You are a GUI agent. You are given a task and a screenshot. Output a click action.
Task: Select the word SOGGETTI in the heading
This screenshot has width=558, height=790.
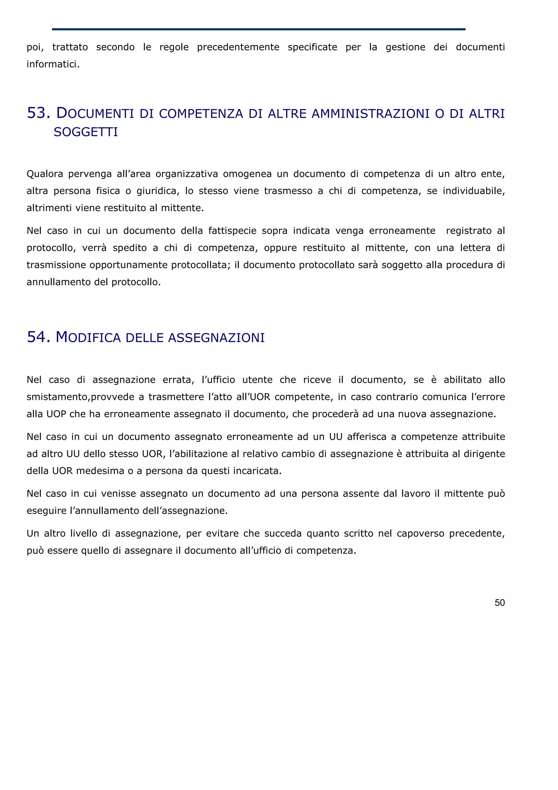coord(86,132)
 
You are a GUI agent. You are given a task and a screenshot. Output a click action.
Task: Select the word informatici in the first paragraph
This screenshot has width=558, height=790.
coord(53,64)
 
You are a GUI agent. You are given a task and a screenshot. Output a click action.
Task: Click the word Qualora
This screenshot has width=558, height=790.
coord(45,174)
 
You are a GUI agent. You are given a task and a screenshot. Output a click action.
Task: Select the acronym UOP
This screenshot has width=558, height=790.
coord(56,414)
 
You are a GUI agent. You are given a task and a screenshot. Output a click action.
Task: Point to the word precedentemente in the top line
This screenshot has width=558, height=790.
coord(238,47)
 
